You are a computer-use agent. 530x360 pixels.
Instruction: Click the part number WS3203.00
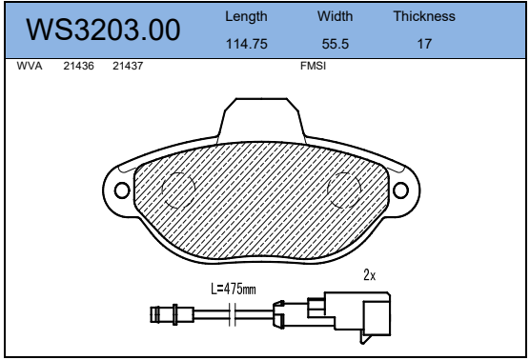pyautogui.click(x=105, y=30)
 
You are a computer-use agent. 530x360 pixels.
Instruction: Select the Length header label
pyautogui.click(x=246, y=17)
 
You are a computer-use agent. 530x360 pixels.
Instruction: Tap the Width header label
pyautogui.click(x=335, y=17)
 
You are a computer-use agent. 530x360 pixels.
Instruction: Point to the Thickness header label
pyautogui.click(x=423, y=17)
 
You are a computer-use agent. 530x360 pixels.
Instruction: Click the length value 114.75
pyautogui.click(x=246, y=44)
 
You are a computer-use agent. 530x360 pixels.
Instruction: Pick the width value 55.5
pyautogui.click(x=335, y=44)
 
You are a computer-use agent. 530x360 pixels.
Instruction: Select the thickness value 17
pyautogui.click(x=423, y=44)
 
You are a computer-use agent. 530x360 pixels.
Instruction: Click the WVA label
pyautogui.click(x=30, y=69)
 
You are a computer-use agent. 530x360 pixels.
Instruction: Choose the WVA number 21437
pyautogui.click(x=128, y=69)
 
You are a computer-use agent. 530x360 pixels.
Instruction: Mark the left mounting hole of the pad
pyautogui.click(x=121, y=187)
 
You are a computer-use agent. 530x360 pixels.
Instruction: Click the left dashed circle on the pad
pyautogui.click(x=178, y=191)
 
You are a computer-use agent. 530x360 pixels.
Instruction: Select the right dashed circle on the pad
pyautogui.click(x=345, y=191)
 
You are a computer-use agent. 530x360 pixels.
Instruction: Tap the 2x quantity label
pyautogui.click(x=370, y=275)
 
